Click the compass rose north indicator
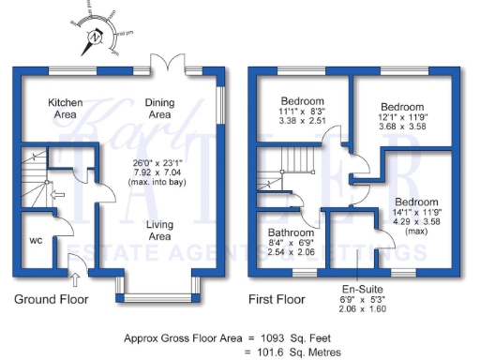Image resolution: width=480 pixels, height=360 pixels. (x=94, y=38)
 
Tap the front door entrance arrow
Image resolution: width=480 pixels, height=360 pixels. (x=76, y=277)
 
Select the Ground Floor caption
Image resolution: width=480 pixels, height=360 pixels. (x=51, y=300)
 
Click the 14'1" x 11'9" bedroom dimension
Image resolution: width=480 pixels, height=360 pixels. (x=415, y=213)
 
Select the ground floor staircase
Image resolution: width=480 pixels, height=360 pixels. (x=35, y=180)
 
